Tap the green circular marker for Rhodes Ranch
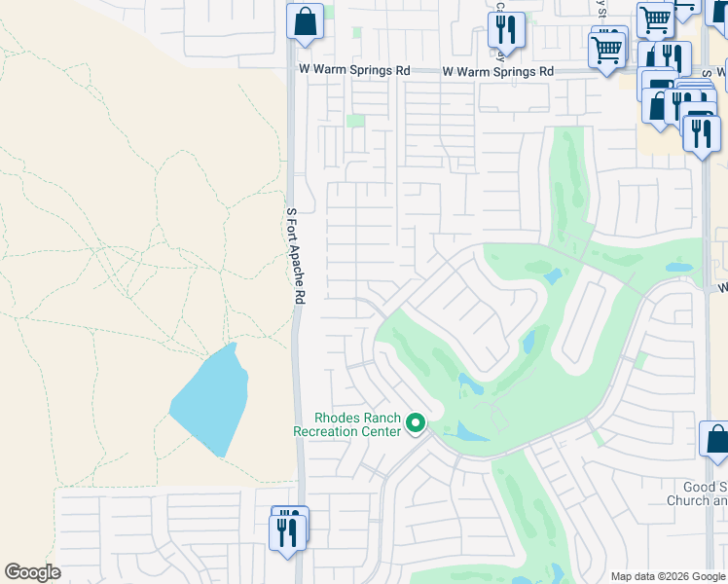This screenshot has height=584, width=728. pyautogui.click(x=416, y=422)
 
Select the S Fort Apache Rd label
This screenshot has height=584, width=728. pyautogui.click(x=292, y=256)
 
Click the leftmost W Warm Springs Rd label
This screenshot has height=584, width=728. pyautogui.click(x=354, y=71)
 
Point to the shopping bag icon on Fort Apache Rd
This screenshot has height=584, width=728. pyautogui.click(x=305, y=20)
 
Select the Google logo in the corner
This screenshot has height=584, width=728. pyautogui.click(x=32, y=572)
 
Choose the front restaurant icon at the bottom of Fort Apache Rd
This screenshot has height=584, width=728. pyautogui.click(x=287, y=532)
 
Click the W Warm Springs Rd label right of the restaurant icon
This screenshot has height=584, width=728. pyautogui.click(x=497, y=71)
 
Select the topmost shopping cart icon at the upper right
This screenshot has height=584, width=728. pyautogui.click(x=655, y=19)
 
